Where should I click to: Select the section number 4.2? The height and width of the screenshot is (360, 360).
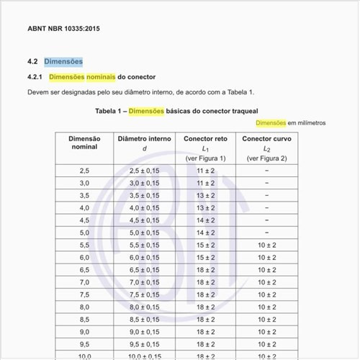click(x=33, y=62)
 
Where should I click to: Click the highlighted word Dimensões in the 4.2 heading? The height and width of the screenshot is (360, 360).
click(x=63, y=62)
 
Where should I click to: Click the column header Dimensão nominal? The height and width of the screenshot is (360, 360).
click(x=84, y=143)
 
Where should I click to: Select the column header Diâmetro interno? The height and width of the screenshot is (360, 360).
click(x=144, y=138)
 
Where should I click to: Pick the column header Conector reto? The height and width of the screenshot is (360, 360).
click(x=205, y=138)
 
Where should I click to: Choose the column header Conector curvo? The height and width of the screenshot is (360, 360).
click(x=266, y=138)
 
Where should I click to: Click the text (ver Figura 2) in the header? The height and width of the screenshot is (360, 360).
click(x=266, y=158)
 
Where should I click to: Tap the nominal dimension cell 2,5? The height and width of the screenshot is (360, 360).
click(x=84, y=171)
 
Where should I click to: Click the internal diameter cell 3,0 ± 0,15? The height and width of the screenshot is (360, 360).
click(x=144, y=183)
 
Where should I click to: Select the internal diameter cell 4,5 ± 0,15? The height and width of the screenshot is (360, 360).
click(x=144, y=220)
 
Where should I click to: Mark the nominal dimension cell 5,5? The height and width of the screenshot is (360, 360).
click(x=84, y=245)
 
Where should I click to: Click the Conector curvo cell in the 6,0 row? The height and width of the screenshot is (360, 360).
click(x=266, y=257)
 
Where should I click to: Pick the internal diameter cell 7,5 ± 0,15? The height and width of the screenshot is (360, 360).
click(x=144, y=294)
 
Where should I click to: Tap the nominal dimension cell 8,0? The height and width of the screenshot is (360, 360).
click(x=84, y=307)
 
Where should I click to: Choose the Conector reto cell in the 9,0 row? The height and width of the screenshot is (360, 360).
click(x=205, y=332)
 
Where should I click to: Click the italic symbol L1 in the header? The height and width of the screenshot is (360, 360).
click(x=205, y=148)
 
